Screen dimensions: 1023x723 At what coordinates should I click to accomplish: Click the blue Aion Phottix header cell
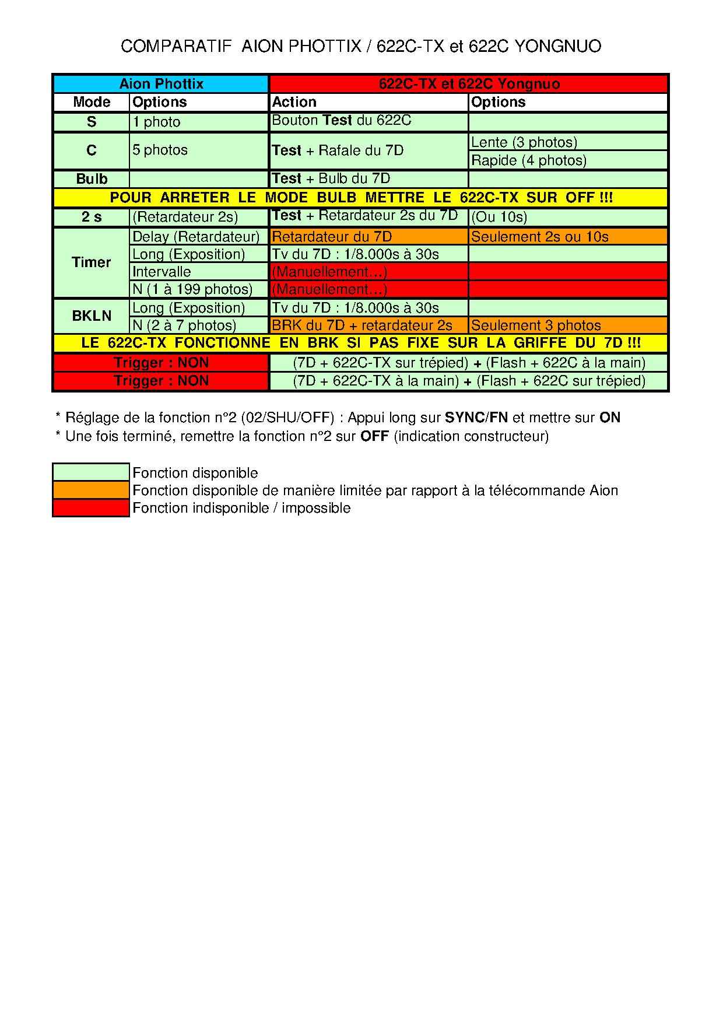click(161, 84)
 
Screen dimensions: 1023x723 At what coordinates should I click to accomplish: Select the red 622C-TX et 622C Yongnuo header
click(468, 84)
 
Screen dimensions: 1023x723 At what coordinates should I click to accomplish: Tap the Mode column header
click(92, 102)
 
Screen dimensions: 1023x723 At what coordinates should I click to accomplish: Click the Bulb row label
click(92, 178)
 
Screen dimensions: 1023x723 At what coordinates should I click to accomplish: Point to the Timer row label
click(92, 262)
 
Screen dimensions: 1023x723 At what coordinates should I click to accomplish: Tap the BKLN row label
click(92, 316)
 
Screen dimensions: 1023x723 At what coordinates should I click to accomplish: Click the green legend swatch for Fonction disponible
click(91, 472)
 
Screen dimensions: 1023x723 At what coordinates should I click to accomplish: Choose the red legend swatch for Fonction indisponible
click(91, 508)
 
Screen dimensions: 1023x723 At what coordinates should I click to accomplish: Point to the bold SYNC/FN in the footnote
click(476, 418)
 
